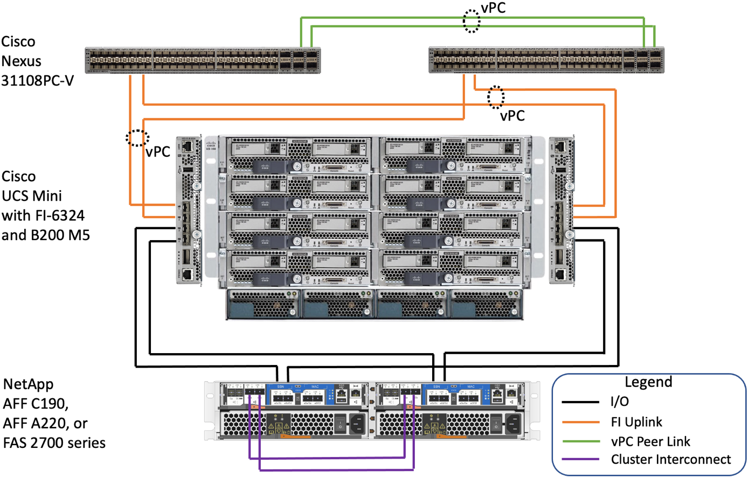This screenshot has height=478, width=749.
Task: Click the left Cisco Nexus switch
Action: click(203, 60)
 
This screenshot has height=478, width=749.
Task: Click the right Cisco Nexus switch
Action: click(546, 60)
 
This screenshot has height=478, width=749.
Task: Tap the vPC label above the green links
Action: click(493, 8)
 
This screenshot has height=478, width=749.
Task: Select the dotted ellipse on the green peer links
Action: click(472, 22)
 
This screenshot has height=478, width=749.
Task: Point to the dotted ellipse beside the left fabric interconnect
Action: click(137, 138)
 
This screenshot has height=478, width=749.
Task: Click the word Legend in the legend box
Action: click(648, 382)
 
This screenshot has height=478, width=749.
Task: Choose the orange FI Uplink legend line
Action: click(580, 422)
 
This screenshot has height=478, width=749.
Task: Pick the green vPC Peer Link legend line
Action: click(580, 441)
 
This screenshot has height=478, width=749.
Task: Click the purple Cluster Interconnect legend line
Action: click(580, 460)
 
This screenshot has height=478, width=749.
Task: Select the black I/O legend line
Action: click(580, 402)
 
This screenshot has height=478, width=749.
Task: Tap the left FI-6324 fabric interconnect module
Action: click(189, 210)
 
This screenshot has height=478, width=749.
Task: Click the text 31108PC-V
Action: click(37, 81)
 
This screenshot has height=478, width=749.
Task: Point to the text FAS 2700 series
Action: click(54, 443)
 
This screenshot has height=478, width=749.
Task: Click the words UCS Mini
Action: click(32, 195)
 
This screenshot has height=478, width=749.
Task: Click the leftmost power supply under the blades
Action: click(263, 304)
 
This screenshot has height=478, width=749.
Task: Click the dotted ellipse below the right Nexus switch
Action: click(496, 97)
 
